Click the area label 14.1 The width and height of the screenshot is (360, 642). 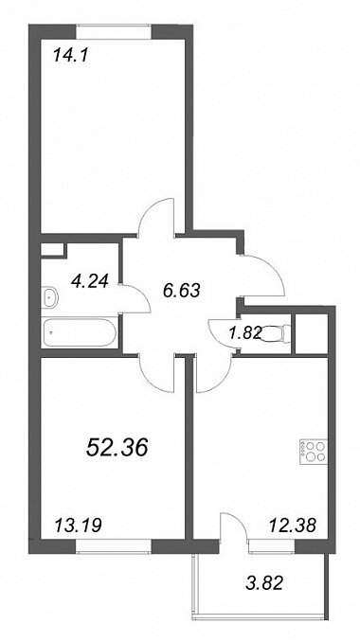click(71, 55)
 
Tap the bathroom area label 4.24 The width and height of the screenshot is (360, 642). click(89, 281)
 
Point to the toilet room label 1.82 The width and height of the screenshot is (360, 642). click(243, 333)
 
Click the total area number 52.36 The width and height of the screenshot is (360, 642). click(117, 448)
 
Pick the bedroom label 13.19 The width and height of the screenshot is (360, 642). click(78, 525)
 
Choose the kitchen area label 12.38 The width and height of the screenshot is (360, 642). click(293, 525)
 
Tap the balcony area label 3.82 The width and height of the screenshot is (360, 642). click(264, 582)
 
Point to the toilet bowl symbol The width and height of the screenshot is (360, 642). click(276, 332)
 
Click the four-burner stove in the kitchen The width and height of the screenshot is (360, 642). click(315, 452)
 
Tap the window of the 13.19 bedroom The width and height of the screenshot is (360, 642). click(115, 546)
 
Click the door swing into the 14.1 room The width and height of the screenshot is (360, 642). click(156, 217)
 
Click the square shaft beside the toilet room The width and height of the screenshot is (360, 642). click(312, 333)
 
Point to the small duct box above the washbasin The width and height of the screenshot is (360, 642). click(52, 250)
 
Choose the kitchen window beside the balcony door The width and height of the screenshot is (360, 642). click(272, 546)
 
